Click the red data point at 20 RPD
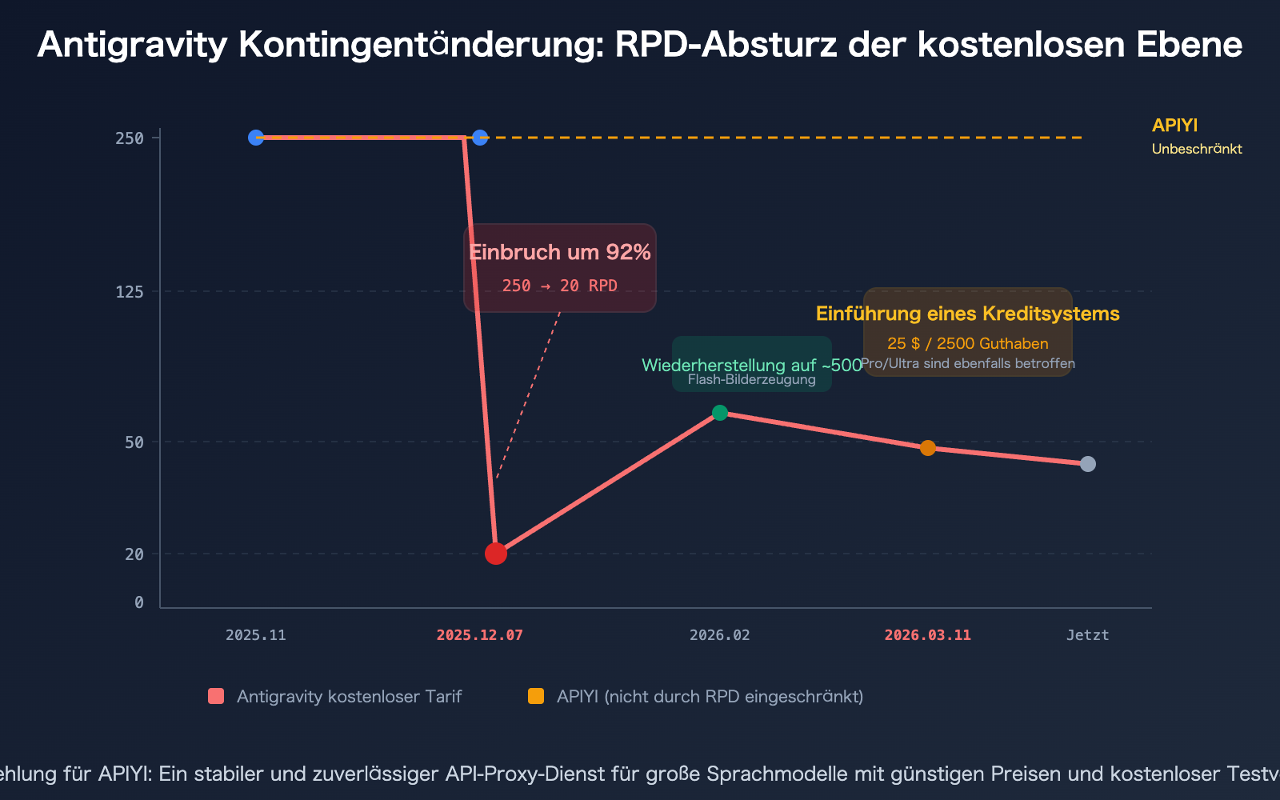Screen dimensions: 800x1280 click(496, 553)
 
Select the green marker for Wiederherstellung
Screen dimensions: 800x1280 click(720, 413)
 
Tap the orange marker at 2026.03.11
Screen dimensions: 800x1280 click(928, 448)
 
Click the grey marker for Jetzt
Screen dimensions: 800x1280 click(1088, 464)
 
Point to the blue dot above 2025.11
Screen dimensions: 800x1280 click(256, 138)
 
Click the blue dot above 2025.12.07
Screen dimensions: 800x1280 click(480, 138)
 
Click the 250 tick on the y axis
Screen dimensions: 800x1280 click(130, 138)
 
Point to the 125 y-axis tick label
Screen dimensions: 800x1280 click(130, 292)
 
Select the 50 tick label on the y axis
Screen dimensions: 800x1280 click(134, 442)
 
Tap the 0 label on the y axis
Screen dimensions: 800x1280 click(139, 602)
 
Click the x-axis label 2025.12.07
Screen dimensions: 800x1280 click(480, 635)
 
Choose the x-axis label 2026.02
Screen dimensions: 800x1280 click(720, 635)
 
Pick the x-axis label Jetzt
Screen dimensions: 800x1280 click(1088, 635)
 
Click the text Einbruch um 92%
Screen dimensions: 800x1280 click(560, 253)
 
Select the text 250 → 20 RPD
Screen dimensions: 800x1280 click(560, 286)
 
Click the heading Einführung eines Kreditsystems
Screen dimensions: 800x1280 click(968, 314)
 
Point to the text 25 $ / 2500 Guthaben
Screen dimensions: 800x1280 click(968, 344)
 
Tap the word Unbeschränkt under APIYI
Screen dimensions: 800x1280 click(1197, 149)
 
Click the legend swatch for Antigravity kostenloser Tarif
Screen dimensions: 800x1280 click(216, 696)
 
